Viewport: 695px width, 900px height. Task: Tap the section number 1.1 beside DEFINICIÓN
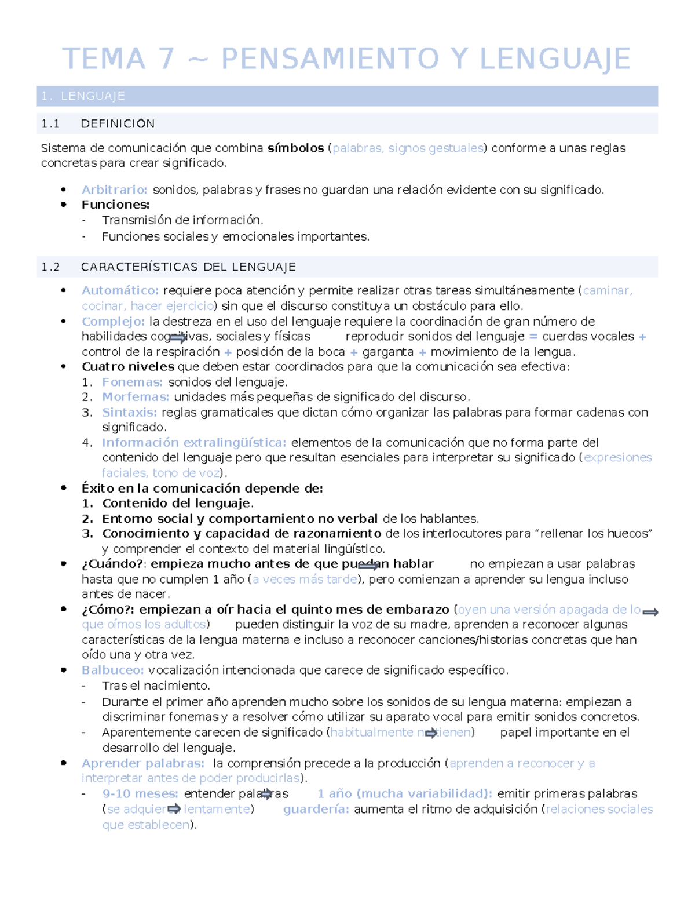50,124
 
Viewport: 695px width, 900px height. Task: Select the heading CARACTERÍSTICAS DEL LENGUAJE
188,267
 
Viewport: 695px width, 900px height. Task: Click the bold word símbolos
295,148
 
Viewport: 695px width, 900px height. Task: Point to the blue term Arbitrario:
114,190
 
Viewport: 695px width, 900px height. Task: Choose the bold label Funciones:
115,205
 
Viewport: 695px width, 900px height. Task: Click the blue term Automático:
120,291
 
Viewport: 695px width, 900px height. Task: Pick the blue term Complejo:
113,322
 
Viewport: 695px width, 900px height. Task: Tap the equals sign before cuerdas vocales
533,337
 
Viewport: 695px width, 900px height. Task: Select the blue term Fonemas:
132,382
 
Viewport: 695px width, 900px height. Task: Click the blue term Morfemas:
136,397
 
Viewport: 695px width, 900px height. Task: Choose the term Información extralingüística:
194,443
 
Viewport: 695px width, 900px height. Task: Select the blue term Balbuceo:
112,671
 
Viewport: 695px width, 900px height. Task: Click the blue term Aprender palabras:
142,764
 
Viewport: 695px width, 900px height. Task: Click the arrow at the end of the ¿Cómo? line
650,612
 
